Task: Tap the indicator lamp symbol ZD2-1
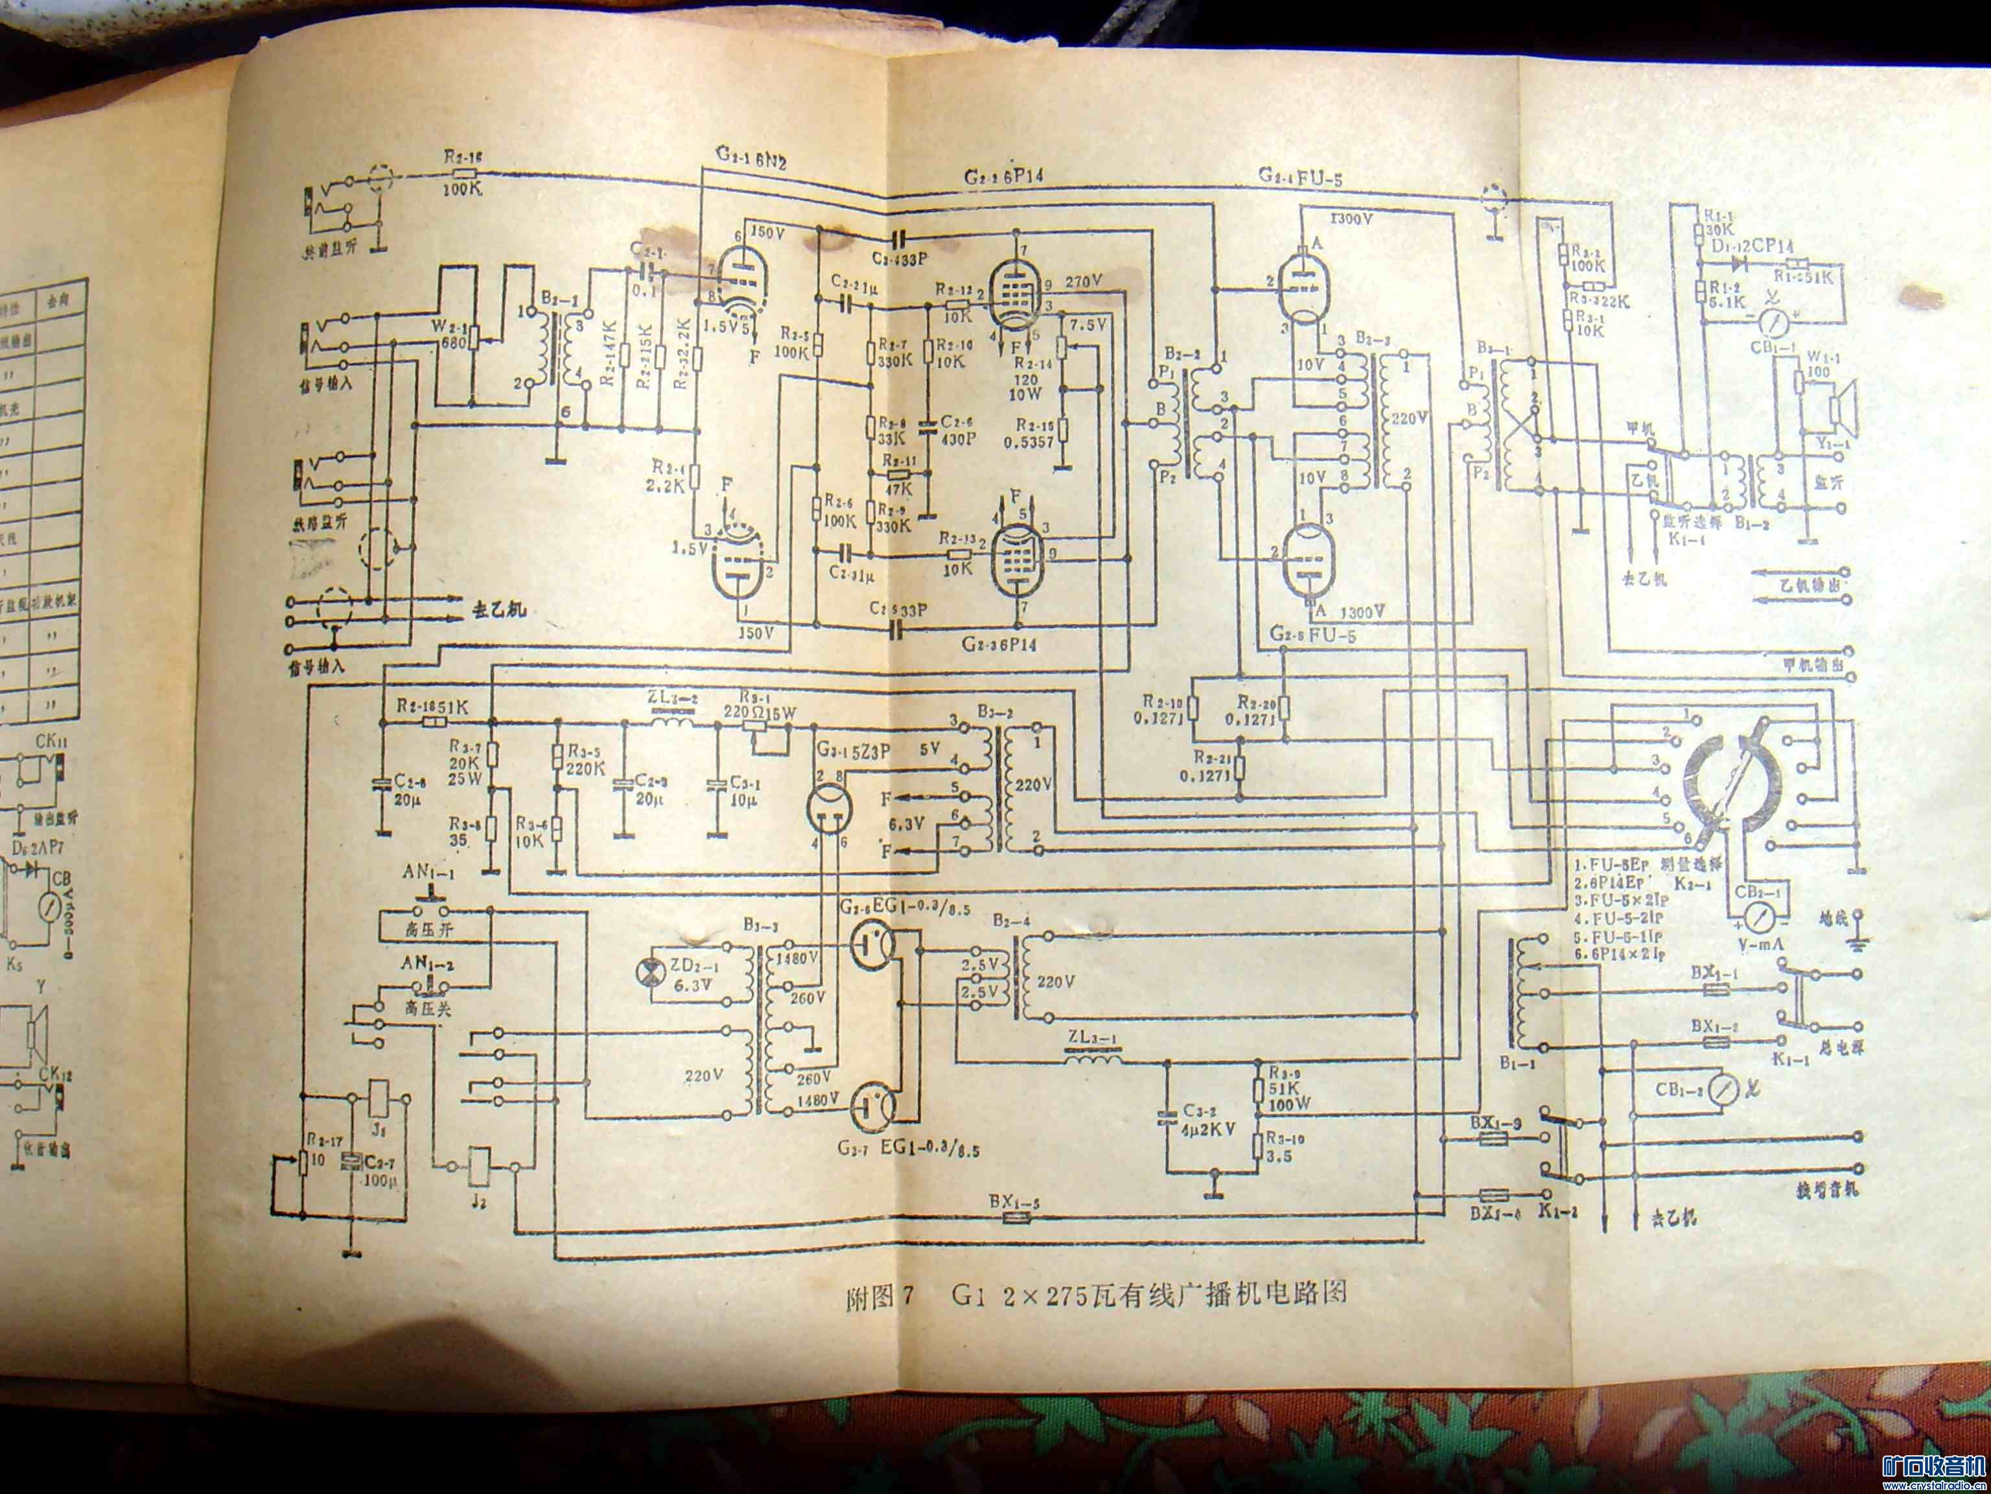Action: pos(646,971)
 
